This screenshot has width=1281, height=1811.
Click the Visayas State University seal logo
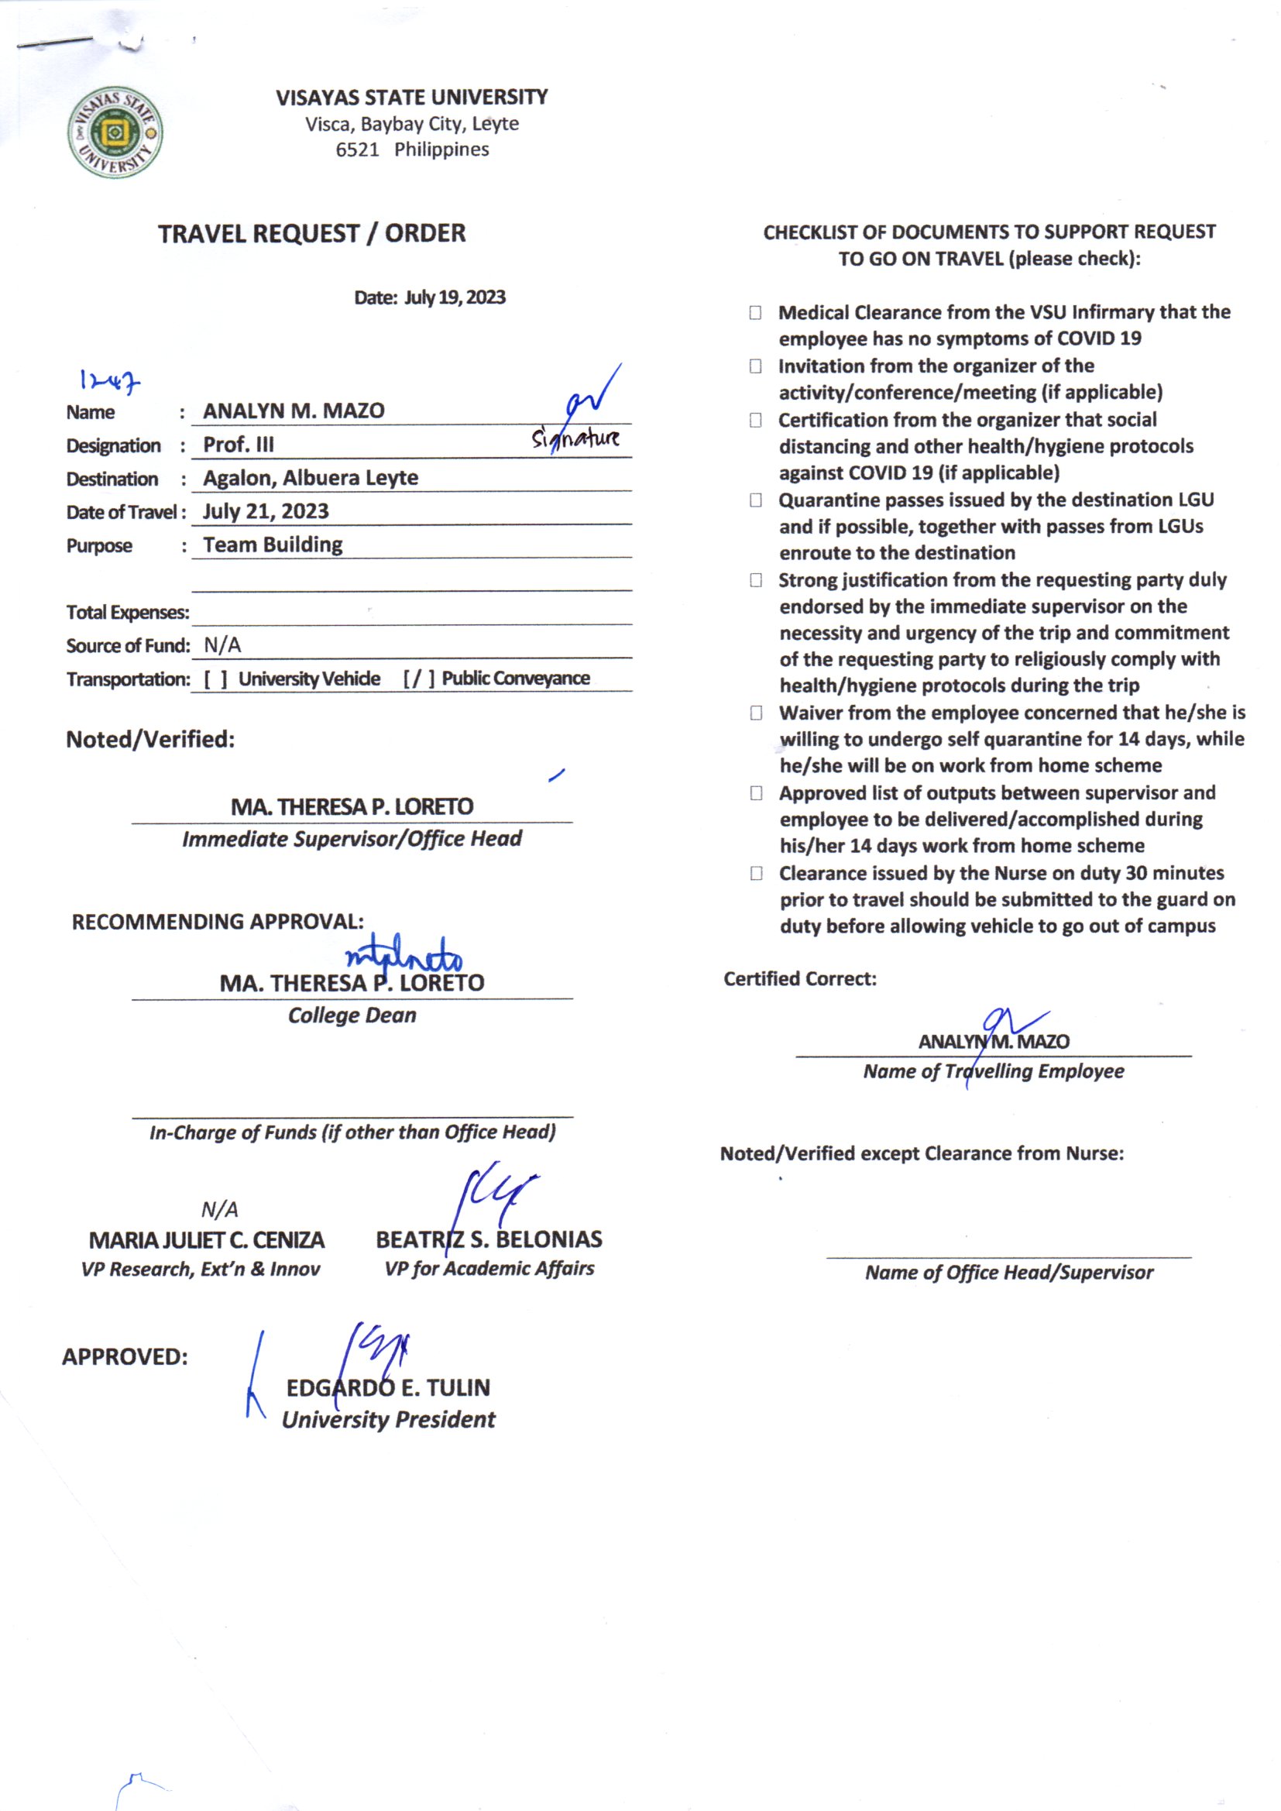(115, 132)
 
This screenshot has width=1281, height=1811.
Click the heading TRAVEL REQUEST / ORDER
(311, 233)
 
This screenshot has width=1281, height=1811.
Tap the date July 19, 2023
(455, 297)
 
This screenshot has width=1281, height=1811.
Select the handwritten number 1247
(110, 382)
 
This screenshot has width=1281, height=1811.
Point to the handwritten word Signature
(575, 438)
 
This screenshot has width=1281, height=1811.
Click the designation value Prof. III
(239, 445)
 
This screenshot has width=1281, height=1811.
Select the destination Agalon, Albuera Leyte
(310, 478)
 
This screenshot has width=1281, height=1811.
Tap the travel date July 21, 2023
(265, 511)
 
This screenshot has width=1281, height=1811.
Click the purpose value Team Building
(272, 545)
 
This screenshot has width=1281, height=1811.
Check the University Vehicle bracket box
(215, 679)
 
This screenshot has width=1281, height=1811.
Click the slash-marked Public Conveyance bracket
(419, 679)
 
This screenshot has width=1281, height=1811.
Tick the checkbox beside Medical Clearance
(755, 313)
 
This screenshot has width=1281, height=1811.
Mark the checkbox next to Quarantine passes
(755, 500)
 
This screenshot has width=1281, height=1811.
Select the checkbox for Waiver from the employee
(756, 713)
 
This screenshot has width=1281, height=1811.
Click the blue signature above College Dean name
(403, 956)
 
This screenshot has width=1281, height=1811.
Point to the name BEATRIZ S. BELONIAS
(488, 1239)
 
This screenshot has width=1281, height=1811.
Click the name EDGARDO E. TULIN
(388, 1387)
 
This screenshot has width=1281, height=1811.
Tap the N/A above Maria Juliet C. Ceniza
(219, 1209)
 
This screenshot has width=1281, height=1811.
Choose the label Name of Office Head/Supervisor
(1009, 1273)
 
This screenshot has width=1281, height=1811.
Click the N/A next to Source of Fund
(222, 646)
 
